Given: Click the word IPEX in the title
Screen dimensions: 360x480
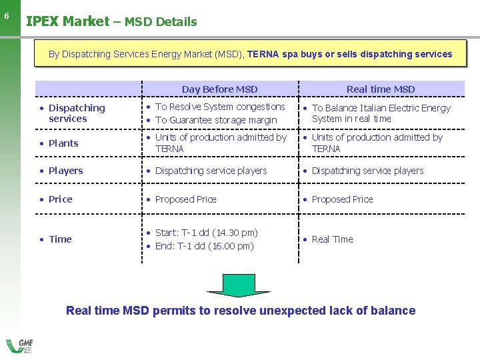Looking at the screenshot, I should pos(43,21).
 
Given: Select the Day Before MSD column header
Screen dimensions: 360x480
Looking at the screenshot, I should pos(219,89).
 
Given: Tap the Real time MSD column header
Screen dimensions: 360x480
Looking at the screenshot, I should pos(381,89).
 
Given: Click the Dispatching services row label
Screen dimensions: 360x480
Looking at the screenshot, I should pos(76,113).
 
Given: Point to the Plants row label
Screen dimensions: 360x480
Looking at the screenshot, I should pos(63,143).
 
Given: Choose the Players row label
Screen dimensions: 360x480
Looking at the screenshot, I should pos(65,171).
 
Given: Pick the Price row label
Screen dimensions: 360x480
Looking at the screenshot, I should pos(60,199).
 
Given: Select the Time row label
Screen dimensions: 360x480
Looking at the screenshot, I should pos(60,239).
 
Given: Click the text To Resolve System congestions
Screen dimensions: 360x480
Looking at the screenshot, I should pos(220,107).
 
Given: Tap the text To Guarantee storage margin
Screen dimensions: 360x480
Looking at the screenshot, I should pos(216,120).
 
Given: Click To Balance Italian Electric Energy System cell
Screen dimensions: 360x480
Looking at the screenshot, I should pos(381,113).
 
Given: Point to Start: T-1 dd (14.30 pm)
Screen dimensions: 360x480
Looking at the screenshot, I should pos(206,233).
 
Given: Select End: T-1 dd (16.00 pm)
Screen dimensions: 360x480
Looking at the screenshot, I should pos(204,246).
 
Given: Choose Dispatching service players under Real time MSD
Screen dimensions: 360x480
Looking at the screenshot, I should pos(367,171).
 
